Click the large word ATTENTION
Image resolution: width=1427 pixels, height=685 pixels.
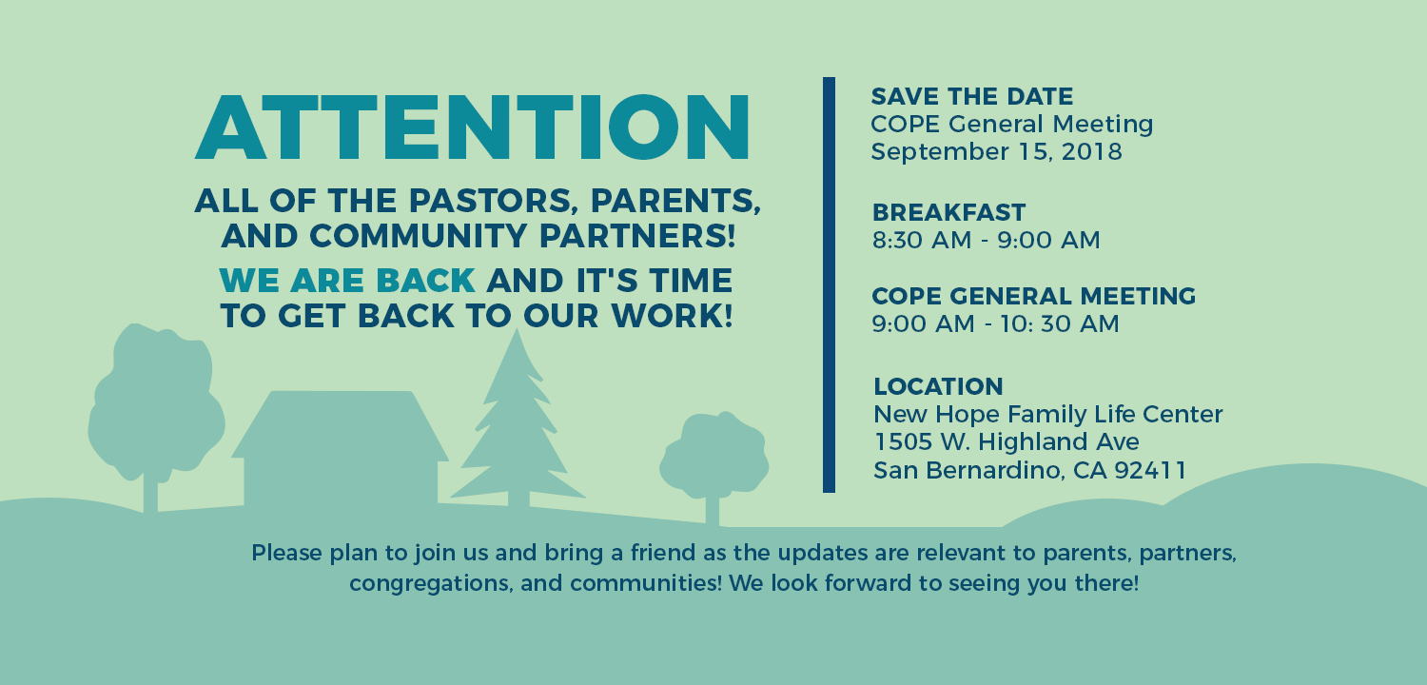(x=473, y=127)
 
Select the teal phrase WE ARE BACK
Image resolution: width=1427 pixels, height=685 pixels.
(x=347, y=281)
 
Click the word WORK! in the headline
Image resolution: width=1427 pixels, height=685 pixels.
(x=672, y=316)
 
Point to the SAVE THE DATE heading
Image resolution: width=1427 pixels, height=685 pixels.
(x=972, y=97)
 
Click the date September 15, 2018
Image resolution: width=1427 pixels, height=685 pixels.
(x=996, y=151)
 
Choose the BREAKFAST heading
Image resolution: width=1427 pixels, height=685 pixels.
(x=948, y=212)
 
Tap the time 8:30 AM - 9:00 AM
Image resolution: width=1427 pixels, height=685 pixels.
(x=987, y=241)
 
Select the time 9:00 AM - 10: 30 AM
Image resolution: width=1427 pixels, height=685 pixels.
(x=995, y=323)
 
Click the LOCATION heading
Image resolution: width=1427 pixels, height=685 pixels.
(x=938, y=387)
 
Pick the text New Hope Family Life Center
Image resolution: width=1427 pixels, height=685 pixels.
(x=1048, y=414)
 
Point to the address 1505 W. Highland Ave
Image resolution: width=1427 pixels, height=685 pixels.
(x=1007, y=441)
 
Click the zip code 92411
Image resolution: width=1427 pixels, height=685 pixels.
(x=1150, y=470)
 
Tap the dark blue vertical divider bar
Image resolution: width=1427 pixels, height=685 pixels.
(x=829, y=284)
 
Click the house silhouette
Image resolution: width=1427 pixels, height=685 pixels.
(x=341, y=450)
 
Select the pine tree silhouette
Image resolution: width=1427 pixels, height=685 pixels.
(x=518, y=421)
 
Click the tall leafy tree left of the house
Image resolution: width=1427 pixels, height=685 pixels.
(x=155, y=408)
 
